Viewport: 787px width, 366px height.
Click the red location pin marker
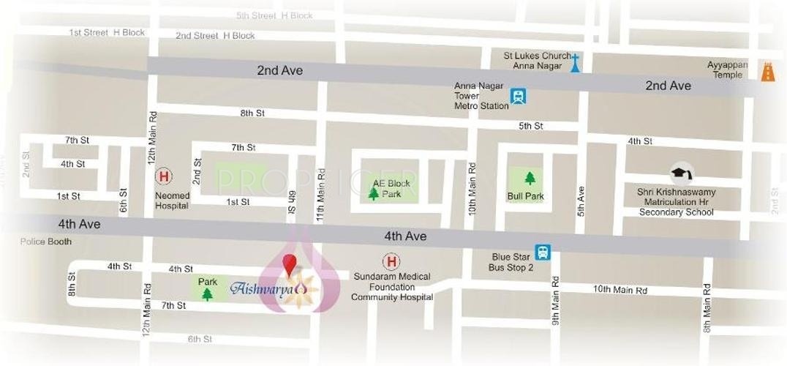[x=290, y=264]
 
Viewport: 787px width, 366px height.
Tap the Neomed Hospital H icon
[x=164, y=176]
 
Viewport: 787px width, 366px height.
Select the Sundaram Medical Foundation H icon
[x=391, y=261]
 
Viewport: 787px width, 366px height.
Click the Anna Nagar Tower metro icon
[x=519, y=96]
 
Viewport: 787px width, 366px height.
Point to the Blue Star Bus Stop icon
[x=542, y=252]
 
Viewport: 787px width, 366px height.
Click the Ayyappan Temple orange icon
[x=767, y=71]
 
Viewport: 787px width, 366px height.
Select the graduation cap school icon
[x=681, y=173]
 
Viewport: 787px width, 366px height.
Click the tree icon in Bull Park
[x=530, y=178]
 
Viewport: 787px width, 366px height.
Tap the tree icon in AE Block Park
[x=374, y=194]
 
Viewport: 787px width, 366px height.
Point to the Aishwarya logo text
[x=262, y=288]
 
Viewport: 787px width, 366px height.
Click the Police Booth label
[x=45, y=242]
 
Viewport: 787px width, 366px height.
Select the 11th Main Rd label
[x=320, y=195]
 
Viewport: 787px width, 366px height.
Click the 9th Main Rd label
[x=555, y=300]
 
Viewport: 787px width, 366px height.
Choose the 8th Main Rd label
[x=707, y=306]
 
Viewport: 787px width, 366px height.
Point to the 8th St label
[x=252, y=113]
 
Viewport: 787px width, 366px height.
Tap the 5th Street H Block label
[x=274, y=15]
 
